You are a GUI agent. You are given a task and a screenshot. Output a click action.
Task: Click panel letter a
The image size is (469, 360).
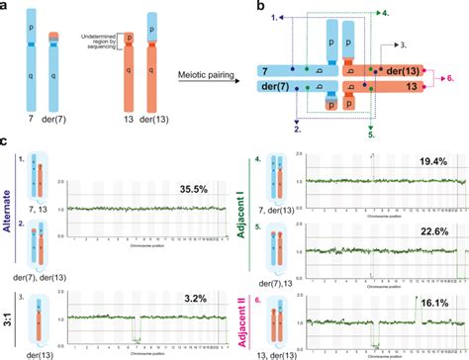(x=6, y=7)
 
